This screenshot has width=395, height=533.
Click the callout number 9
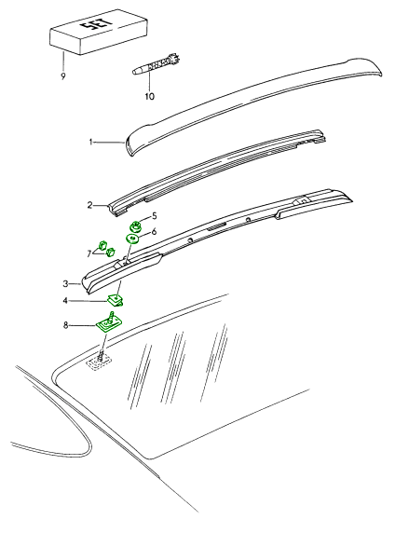pyautogui.click(x=63, y=76)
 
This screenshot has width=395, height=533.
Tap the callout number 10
pyautogui.click(x=150, y=97)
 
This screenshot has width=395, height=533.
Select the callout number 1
pyautogui.click(x=90, y=142)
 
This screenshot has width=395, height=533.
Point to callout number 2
pyautogui.click(x=89, y=205)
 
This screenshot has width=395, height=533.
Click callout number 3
pyautogui.click(x=65, y=284)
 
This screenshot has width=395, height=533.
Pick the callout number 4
pyautogui.click(x=65, y=301)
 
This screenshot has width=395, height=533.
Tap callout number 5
pyautogui.click(x=155, y=216)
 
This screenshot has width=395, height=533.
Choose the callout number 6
pyautogui.click(x=154, y=232)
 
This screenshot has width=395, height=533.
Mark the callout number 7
pyautogui.click(x=89, y=253)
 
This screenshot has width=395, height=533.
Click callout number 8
pyautogui.click(x=65, y=325)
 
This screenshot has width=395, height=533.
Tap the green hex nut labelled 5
pyautogui.click(x=136, y=226)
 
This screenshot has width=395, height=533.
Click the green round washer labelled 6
pyautogui.click(x=132, y=239)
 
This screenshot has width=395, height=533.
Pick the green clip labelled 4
pyautogui.click(x=116, y=300)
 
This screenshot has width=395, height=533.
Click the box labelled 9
pyautogui.click(x=99, y=32)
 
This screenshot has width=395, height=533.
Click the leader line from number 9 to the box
pyautogui.click(x=63, y=61)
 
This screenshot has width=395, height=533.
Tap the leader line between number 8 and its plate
pyautogui.click(x=84, y=325)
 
